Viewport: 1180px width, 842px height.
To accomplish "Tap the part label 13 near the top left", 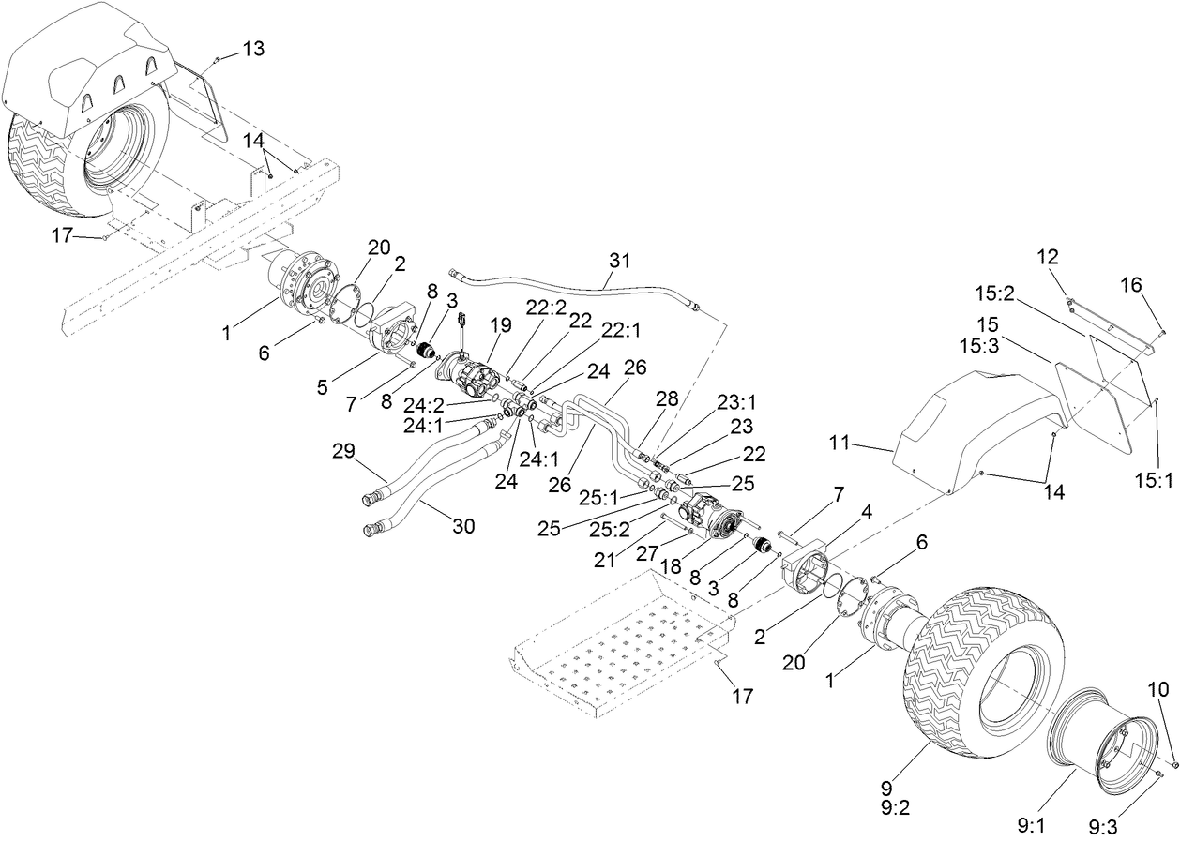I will [254, 48].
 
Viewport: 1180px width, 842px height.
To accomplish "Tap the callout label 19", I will [501, 325].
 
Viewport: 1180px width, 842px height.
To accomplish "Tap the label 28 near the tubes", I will [668, 399].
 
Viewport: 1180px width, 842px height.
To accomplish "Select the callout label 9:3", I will [1104, 828].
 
